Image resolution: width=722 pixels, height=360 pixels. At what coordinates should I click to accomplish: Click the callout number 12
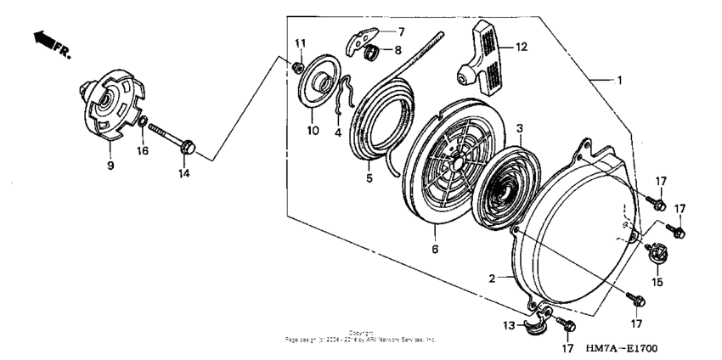point(522,47)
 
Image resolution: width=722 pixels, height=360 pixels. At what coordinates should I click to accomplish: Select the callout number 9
point(110,166)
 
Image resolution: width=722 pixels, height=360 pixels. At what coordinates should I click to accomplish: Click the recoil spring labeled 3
point(501,182)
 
